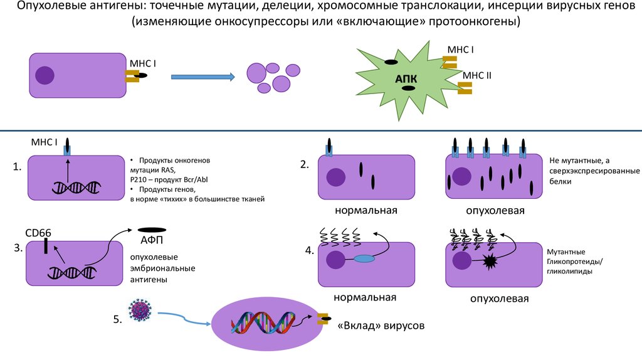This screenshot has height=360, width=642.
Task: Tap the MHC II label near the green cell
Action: click(477, 75)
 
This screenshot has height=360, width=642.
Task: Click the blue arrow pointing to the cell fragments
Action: click(203, 77)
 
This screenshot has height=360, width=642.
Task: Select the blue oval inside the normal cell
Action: click(364, 258)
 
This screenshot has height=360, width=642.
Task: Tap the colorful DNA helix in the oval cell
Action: click(263, 324)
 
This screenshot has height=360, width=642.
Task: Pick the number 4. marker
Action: click(309, 250)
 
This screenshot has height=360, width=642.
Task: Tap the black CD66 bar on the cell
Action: click(46, 246)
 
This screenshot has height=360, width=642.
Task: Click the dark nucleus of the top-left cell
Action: click(45, 75)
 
